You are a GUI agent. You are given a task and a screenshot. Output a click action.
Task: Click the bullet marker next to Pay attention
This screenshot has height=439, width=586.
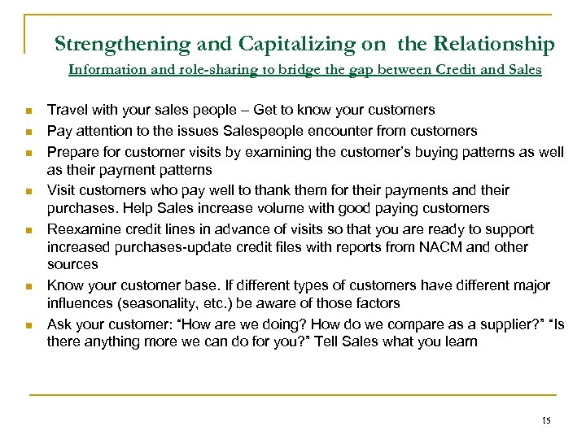(28, 131)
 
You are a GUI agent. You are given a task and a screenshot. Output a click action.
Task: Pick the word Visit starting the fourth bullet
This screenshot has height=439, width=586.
(61, 189)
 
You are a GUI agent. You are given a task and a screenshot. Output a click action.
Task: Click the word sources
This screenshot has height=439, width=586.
(72, 263)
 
